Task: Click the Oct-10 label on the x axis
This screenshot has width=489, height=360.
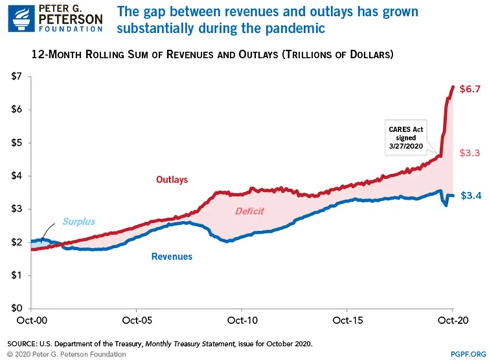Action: click(x=241, y=322)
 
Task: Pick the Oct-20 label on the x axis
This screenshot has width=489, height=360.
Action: click(x=453, y=322)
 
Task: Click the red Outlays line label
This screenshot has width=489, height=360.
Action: click(x=172, y=179)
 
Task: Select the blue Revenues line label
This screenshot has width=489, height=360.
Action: click(x=172, y=256)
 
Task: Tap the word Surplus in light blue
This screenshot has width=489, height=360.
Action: click(x=79, y=222)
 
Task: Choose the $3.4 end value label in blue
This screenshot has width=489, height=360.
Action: click(x=470, y=196)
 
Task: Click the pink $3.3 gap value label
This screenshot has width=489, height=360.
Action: click(x=470, y=153)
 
